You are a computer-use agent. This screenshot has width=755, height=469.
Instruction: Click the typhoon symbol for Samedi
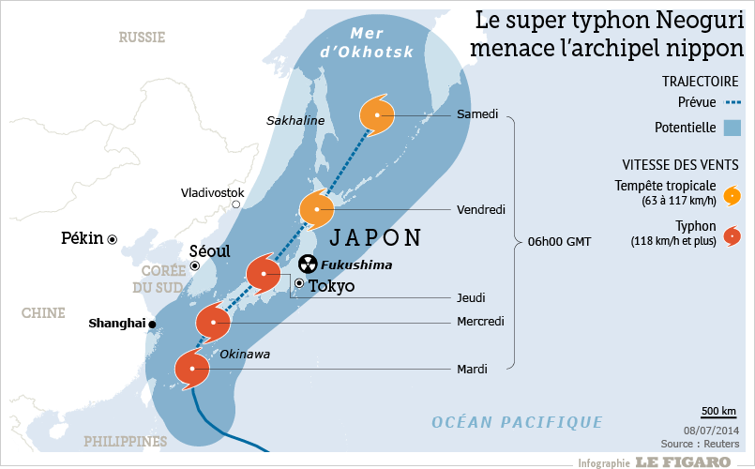[x=376, y=115]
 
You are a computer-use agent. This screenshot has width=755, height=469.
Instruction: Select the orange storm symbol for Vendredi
[x=317, y=208]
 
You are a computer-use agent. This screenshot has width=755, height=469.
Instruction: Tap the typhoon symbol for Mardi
[x=191, y=369]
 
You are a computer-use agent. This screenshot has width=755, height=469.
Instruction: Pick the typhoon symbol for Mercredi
[x=214, y=323]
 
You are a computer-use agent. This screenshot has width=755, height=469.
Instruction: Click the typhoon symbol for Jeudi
[x=264, y=274]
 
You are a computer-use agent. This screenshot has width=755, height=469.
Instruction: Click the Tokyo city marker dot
[x=299, y=283]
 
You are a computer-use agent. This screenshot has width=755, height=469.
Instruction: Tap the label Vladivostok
[x=212, y=192]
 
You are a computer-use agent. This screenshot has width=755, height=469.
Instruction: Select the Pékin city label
[x=82, y=238]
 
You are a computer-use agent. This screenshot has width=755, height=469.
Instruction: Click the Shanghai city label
[x=116, y=324]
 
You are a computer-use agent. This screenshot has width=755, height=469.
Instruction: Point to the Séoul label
[x=209, y=252]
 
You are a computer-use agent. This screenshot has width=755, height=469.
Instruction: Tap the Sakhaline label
[x=294, y=120]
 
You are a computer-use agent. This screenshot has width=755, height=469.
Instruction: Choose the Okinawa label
[x=244, y=354]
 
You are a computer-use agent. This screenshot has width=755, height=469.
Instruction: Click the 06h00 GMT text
[x=559, y=242]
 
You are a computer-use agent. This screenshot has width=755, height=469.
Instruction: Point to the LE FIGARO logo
[x=682, y=461]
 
